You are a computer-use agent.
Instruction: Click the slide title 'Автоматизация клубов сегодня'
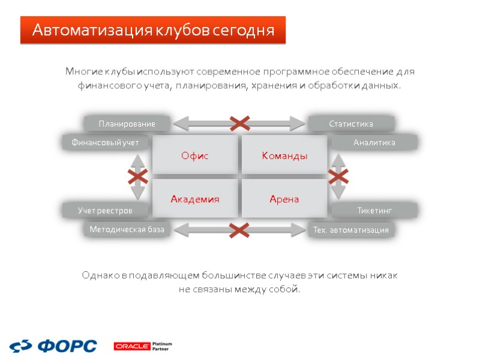(153, 30)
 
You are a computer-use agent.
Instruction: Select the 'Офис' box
(195, 155)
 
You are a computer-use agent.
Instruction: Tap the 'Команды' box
(284, 155)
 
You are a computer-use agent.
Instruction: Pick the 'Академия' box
(195, 199)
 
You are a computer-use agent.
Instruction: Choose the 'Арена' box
(284, 199)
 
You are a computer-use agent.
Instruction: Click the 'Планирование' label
(127, 124)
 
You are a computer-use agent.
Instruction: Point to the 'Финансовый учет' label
(106, 143)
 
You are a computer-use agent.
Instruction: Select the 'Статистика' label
(351, 124)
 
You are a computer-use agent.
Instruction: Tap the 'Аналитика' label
(374, 143)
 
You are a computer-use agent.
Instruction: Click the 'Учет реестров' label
(105, 211)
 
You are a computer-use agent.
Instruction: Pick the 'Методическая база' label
(127, 229)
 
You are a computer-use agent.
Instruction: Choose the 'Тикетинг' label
(374, 211)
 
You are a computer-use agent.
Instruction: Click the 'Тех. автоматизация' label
(351, 230)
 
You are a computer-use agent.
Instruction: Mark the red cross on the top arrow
(240, 124)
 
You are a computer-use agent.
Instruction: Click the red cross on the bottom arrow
(239, 229)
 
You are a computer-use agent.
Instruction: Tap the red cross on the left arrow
(138, 176)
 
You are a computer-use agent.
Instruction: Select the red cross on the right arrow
(338, 176)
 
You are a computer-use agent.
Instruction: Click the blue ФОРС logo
(53, 346)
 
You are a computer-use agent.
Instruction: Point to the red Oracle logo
(131, 346)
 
